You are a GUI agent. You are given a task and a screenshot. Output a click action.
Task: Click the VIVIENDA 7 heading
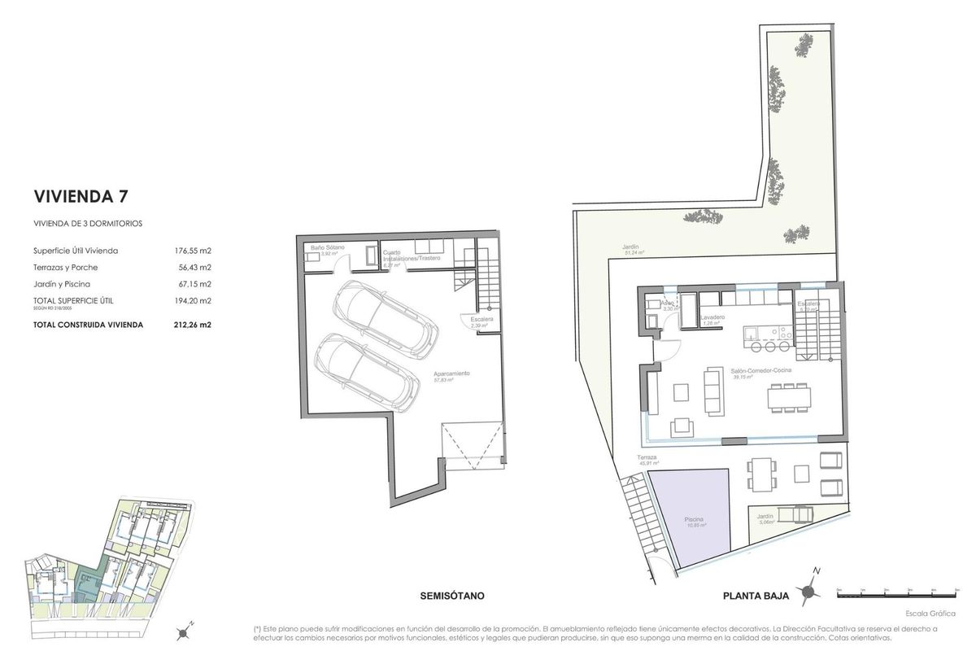(81, 196)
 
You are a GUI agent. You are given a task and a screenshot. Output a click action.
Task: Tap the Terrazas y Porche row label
(66, 267)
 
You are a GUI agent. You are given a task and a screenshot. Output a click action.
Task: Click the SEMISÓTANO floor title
(452, 596)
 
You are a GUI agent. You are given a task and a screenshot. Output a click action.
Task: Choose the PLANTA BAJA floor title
(756, 596)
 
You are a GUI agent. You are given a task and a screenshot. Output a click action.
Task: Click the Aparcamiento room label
(451, 374)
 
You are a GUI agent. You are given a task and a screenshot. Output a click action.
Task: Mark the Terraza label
(647, 459)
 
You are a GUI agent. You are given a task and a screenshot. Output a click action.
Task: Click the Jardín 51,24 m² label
(630, 247)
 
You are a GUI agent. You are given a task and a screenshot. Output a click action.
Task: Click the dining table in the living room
(789, 397)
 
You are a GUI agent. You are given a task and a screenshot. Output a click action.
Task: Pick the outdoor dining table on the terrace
(761, 474)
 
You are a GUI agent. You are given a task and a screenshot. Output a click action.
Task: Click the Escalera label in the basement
(481, 320)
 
